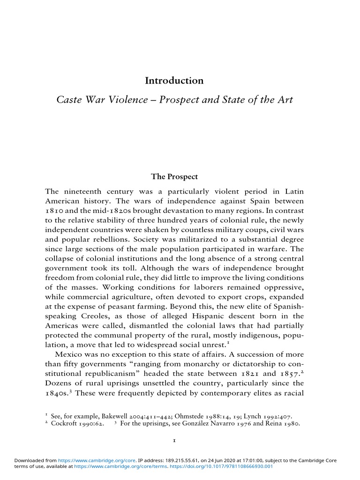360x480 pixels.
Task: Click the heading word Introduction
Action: click(174, 81)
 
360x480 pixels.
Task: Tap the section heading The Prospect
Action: click(174, 177)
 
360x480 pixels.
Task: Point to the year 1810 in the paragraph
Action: click(54, 210)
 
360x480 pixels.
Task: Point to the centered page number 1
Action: click(174, 441)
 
